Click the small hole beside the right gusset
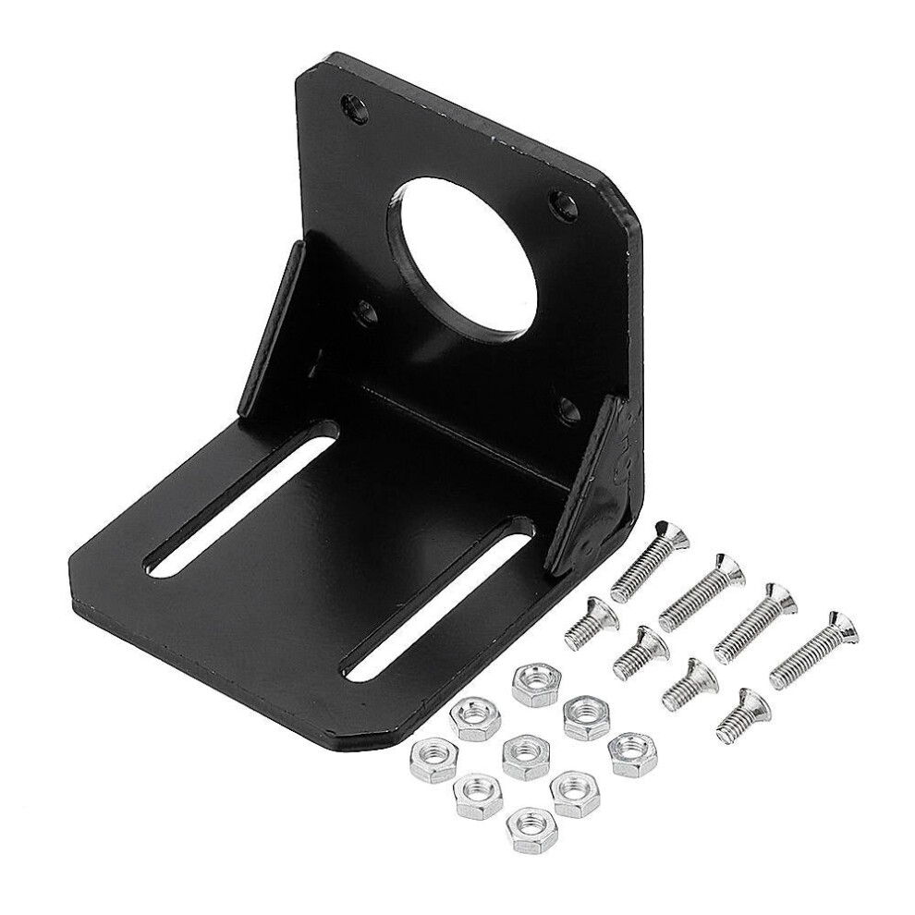(x=565, y=407)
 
